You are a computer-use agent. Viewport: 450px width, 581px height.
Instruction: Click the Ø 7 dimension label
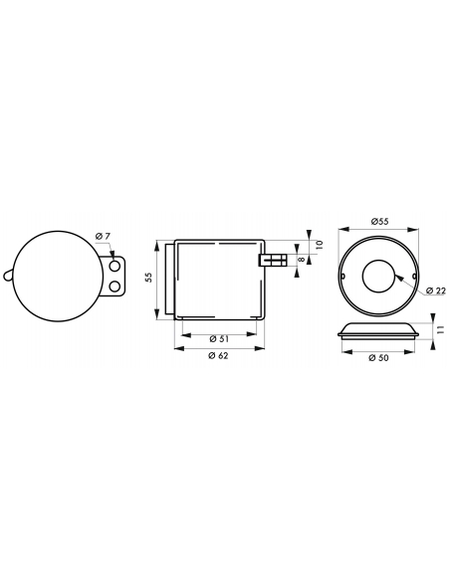point(103,236)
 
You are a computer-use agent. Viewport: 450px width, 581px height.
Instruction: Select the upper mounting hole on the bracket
point(115,266)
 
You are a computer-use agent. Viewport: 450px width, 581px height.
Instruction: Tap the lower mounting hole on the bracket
point(115,287)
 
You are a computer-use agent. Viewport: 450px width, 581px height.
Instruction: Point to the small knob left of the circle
point(8,276)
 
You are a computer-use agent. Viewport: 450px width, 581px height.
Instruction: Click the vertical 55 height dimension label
point(148,278)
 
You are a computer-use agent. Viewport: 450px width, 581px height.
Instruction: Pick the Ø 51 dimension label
point(219,339)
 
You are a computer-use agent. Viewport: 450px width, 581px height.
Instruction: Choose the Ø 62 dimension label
point(219,356)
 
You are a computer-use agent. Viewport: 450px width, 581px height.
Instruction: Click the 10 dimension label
point(320,244)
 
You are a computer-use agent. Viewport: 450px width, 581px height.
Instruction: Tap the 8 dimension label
point(302,260)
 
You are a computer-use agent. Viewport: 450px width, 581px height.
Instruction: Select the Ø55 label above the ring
point(379,221)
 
